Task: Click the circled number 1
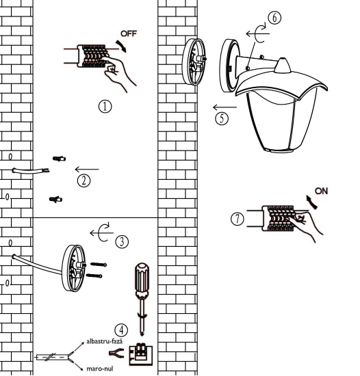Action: [x=105, y=107]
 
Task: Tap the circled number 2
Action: [x=83, y=180]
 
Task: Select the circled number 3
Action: [x=122, y=242]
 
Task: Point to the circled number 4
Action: [x=121, y=330]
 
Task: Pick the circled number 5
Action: [x=222, y=118]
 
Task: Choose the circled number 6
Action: [x=274, y=18]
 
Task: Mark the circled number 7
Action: [x=237, y=219]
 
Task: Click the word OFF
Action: [x=129, y=33]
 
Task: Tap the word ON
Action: [x=322, y=191]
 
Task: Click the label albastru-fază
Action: [x=105, y=341]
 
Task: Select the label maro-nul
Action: [x=100, y=368]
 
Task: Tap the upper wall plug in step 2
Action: [x=60, y=159]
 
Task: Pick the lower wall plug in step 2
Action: [x=56, y=199]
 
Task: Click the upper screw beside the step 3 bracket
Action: [x=99, y=265]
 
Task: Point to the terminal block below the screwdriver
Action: [x=141, y=355]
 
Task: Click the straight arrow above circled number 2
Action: [x=87, y=170]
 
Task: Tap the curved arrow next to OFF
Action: [x=121, y=46]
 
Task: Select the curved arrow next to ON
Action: [x=312, y=202]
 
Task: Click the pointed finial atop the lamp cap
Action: [x=283, y=65]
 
